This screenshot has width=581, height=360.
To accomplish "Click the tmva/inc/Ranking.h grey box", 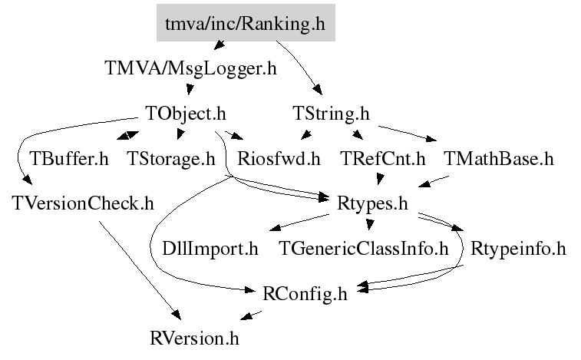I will (x=245, y=25).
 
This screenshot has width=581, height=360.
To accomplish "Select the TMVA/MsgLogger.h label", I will (x=189, y=68).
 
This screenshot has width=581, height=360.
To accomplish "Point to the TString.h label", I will (x=332, y=114).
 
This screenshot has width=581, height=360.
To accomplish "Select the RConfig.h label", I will (x=305, y=293).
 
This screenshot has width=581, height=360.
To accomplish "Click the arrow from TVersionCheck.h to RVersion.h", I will (x=138, y=269).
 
